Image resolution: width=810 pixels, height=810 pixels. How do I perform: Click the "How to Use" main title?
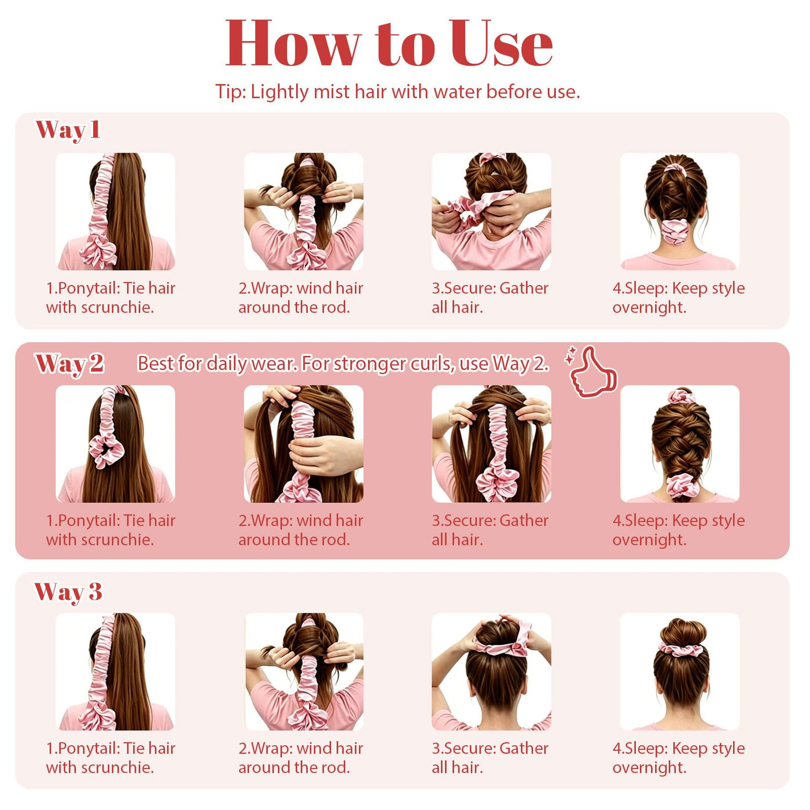(x=389, y=43)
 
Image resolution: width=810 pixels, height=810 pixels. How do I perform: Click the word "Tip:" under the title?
(x=231, y=91)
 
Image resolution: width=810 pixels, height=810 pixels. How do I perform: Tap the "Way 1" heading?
(x=68, y=130)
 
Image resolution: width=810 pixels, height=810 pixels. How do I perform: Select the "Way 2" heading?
(x=69, y=365)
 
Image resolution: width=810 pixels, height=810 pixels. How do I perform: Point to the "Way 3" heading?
(x=68, y=592)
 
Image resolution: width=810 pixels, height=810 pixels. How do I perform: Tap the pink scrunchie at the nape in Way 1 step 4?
(x=675, y=231)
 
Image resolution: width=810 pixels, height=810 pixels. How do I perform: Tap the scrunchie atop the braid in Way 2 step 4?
(x=682, y=396)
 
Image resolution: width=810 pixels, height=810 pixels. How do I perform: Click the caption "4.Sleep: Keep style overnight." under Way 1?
(x=679, y=298)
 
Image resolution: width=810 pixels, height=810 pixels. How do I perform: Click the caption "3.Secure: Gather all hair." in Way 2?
(x=490, y=530)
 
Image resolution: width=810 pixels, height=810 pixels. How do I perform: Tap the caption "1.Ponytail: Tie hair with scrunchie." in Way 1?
(x=111, y=298)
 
